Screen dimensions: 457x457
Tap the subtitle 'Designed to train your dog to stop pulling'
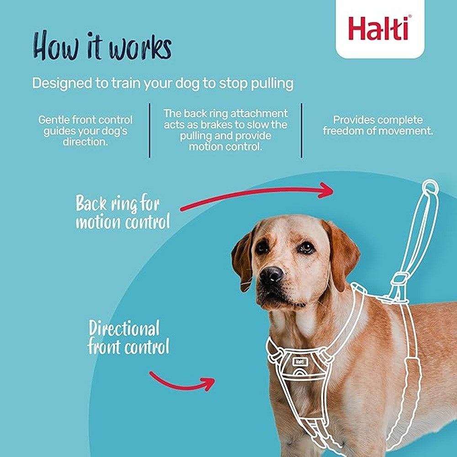[162, 84]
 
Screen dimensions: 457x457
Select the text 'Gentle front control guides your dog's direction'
[85, 131]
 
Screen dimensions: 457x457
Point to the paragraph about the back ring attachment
[225, 130]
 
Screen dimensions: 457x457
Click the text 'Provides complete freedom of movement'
[377, 125]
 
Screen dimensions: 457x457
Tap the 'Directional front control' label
[128, 338]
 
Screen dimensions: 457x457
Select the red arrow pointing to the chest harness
[183, 381]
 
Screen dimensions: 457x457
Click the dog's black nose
[271, 275]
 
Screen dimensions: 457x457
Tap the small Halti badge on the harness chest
[299, 361]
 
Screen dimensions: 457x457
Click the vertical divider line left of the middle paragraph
[149, 130]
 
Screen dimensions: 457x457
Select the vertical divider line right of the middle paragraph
[302, 130]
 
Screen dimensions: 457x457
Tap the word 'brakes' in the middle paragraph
[238, 125]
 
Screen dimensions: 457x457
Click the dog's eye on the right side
[306, 247]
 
